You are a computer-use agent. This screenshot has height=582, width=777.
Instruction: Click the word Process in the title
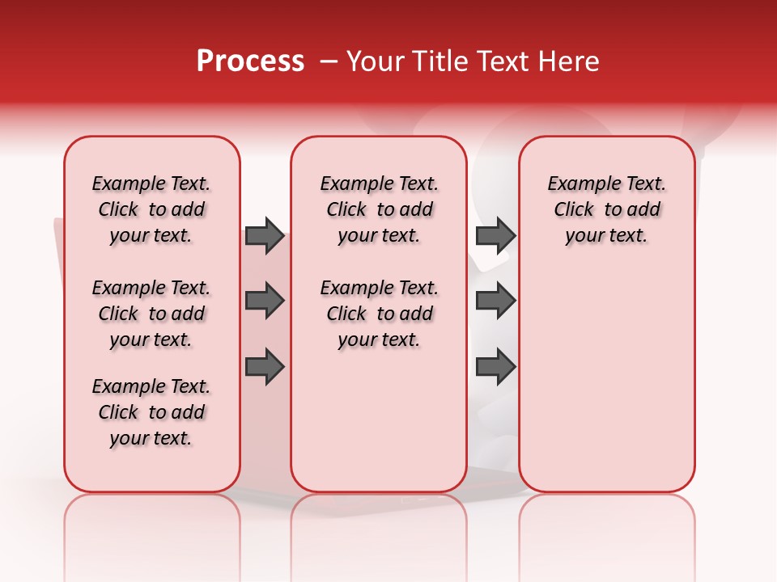coord(250,61)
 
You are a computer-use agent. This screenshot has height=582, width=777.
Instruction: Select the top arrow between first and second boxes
coord(265,235)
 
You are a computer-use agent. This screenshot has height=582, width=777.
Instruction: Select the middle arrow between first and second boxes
coord(265,302)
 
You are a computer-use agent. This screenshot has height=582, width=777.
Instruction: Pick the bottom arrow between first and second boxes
coord(265,367)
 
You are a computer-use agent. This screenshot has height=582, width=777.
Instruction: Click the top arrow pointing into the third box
coord(495,235)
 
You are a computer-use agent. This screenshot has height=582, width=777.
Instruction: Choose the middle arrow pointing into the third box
coord(495,302)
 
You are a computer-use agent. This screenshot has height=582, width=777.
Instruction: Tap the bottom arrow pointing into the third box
coord(495,367)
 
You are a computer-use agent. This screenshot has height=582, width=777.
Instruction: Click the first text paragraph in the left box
coord(151,209)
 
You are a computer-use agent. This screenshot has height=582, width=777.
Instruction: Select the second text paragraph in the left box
coord(151,314)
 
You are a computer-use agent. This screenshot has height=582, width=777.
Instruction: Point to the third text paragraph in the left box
coord(151,412)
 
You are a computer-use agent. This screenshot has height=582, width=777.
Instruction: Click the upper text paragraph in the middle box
coord(379,209)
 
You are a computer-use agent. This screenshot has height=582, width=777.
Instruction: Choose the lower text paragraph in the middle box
coord(379,314)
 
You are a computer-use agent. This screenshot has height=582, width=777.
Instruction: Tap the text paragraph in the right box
coord(606,209)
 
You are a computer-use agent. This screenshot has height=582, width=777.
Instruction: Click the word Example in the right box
coord(578,184)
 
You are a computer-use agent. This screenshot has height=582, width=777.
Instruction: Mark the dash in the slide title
coord(328,61)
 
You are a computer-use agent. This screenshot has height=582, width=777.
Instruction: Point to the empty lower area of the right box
coord(606,380)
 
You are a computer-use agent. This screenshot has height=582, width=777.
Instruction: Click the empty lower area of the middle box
coord(379,420)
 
